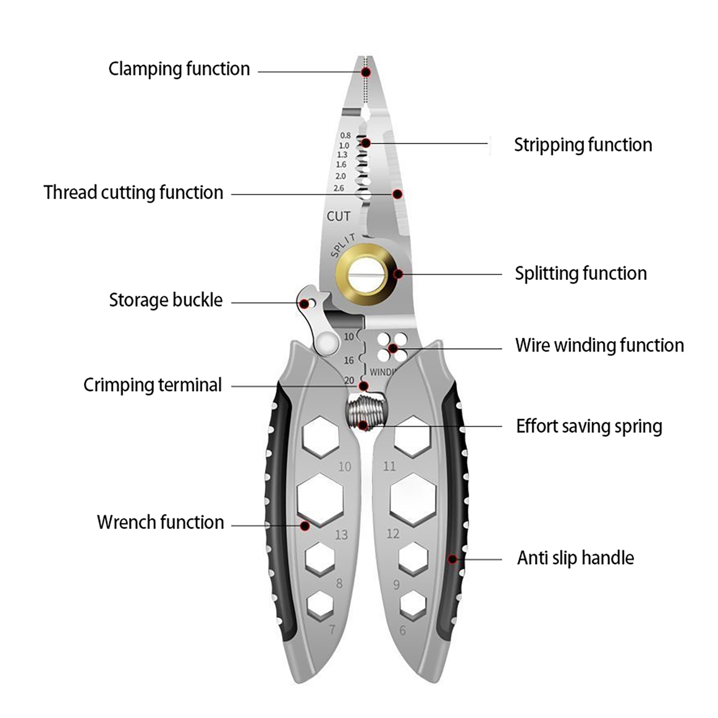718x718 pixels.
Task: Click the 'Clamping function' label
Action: coord(179,69)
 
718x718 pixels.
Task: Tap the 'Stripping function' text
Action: coord(582,145)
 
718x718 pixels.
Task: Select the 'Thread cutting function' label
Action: coord(133,193)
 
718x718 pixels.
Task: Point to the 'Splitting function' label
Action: coord(581,273)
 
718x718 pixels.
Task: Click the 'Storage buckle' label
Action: coord(166,300)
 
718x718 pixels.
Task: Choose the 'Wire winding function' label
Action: coord(600,346)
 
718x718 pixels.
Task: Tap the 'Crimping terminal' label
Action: coord(153,385)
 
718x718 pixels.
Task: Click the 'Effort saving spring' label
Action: coord(589,426)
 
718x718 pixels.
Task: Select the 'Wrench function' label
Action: coord(160,522)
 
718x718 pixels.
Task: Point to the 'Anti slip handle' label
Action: coord(575,558)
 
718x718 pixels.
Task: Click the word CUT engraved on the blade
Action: coord(338,216)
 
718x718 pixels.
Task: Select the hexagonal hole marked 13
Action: coord(320,499)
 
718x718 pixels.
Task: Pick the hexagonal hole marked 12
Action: coord(413,499)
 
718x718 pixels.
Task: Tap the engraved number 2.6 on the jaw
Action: coord(339,188)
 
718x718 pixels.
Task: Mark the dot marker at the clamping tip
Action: coord(366,72)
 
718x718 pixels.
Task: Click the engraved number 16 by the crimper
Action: coord(349,360)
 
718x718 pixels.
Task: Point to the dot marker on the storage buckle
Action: coord(304,304)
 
